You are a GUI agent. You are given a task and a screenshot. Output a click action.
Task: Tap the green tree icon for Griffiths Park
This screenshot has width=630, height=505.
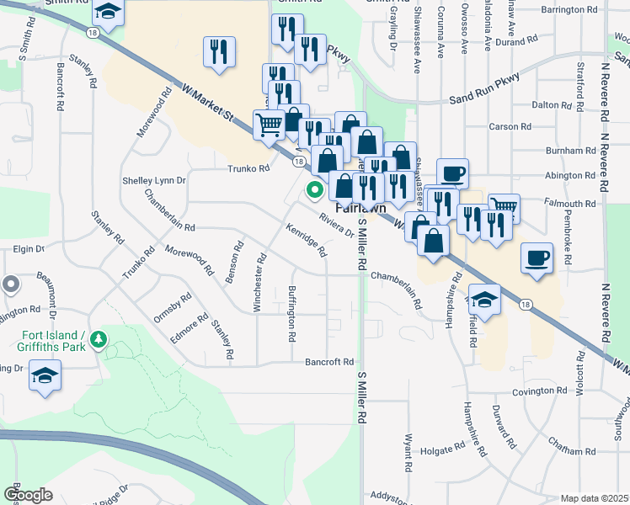point(99,338)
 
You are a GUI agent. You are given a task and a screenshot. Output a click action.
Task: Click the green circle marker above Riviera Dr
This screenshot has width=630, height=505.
point(316,190)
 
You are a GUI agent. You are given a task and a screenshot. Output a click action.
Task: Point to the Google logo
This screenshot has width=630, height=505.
point(28,495)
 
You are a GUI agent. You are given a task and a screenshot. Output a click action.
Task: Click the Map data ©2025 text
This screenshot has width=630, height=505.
point(594,498)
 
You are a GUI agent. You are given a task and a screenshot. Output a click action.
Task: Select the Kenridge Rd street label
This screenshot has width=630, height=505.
point(306,241)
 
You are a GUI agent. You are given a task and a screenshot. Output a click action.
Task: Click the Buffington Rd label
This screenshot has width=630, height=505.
point(291,312)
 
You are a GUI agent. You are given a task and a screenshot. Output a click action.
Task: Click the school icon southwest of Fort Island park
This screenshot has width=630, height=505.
point(45,375)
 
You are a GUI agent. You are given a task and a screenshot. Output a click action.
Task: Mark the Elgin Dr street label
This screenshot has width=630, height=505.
point(29,249)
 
